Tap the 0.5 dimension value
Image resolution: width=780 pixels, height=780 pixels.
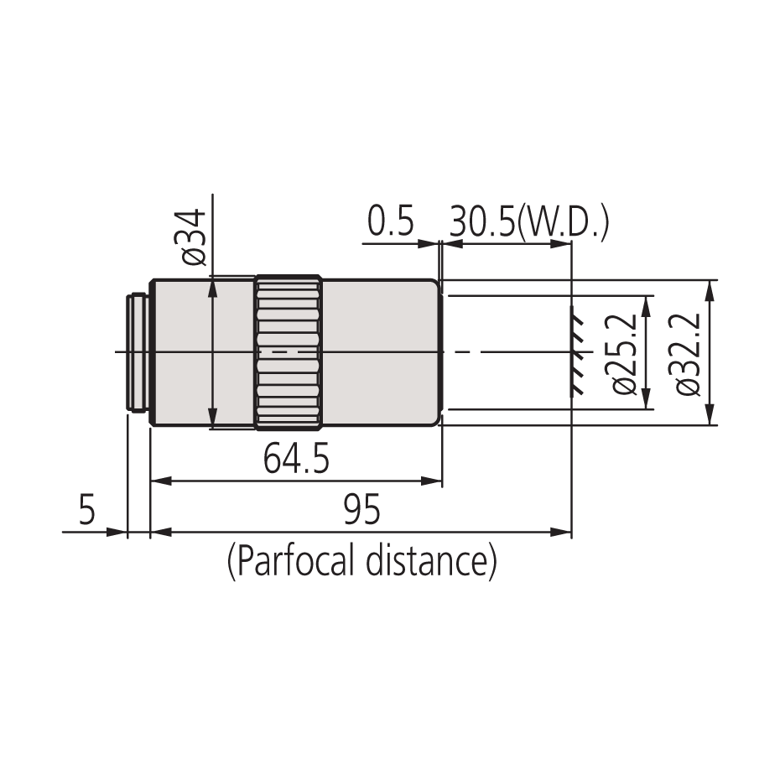(391, 224)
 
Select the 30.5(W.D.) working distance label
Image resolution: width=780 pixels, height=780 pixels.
(528, 224)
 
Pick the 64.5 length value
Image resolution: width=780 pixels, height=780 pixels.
(296, 460)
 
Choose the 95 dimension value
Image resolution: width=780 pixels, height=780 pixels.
(361, 510)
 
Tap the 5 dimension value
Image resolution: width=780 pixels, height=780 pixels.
(87, 510)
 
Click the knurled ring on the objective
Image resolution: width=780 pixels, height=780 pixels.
(288, 352)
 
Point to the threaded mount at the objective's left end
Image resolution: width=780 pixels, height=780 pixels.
(137, 352)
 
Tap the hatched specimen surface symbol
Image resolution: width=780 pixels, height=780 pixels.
(575, 352)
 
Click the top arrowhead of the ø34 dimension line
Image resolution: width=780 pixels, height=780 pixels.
(213, 288)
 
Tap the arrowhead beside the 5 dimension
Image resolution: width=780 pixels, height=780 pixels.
(118, 532)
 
